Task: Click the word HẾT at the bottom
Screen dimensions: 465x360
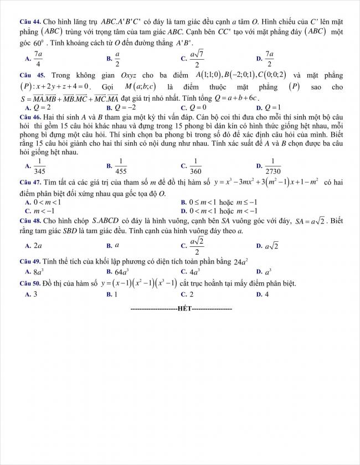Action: (x=181, y=308)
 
